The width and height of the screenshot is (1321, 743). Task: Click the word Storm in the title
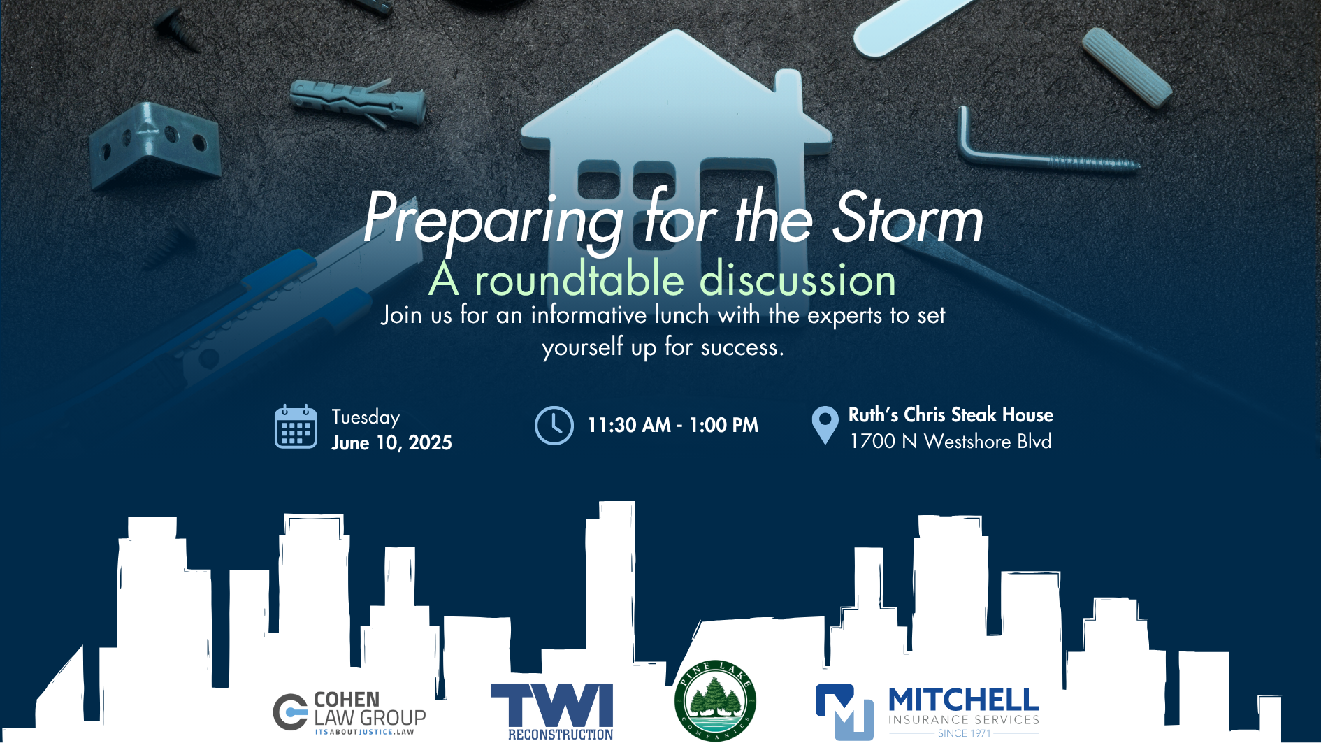click(x=908, y=219)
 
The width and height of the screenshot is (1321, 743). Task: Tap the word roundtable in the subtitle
click(x=579, y=280)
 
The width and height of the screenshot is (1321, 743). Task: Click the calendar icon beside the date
click(x=296, y=426)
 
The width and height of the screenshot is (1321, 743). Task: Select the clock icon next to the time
click(x=554, y=426)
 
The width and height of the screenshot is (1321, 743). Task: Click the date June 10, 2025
click(x=391, y=443)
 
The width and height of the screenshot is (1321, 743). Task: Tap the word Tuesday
click(x=366, y=417)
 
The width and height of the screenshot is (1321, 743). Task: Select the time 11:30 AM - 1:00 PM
click(x=672, y=425)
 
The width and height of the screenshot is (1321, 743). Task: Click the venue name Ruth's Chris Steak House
click(x=951, y=414)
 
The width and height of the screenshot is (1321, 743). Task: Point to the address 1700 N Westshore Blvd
click(x=951, y=442)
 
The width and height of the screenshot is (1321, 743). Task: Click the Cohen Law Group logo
click(x=349, y=713)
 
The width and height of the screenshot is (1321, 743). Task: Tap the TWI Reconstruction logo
click(x=552, y=712)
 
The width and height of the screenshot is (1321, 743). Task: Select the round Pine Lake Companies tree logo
click(x=715, y=700)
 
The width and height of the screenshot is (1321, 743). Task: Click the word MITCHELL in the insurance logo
click(x=963, y=700)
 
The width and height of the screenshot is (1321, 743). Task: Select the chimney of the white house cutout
click(x=788, y=87)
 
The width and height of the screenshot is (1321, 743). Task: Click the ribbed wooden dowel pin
click(x=1126, y=66)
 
